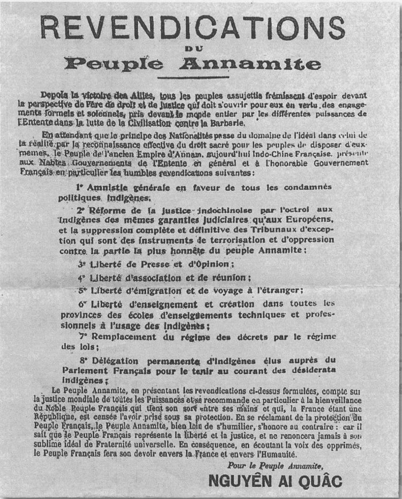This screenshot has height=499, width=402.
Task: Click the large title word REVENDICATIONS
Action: (192, 28)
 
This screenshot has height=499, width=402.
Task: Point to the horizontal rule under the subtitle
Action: (192, 76)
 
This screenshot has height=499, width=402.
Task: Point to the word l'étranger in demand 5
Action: (279, 291)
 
